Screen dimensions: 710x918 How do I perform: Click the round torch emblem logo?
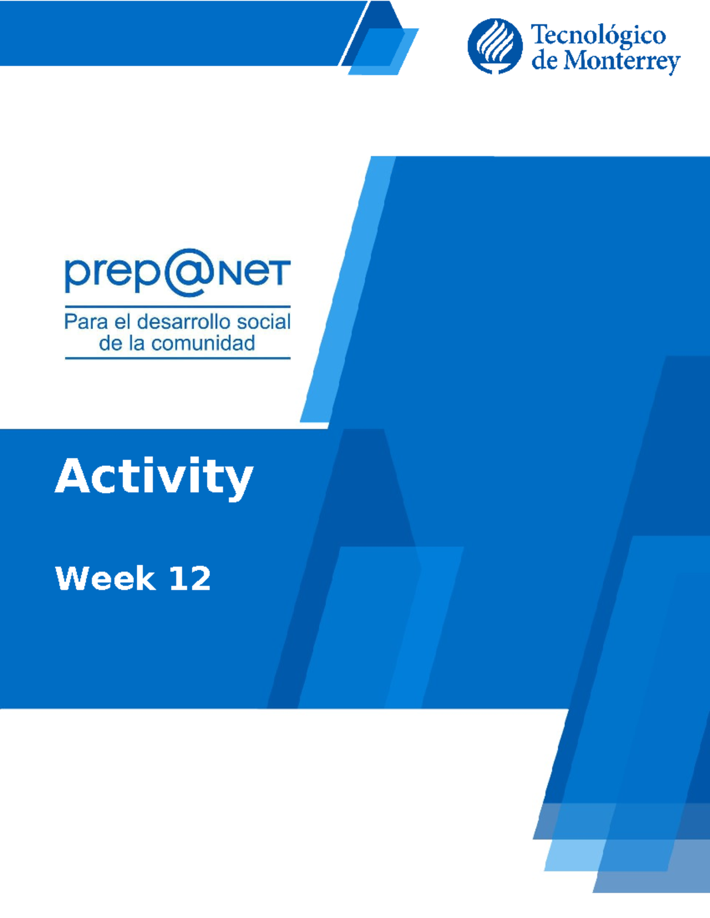point(495,46)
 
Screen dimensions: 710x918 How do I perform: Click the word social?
point(263,322)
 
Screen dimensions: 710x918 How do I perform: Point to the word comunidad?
point(203,343)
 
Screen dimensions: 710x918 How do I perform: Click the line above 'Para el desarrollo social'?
point(177,306)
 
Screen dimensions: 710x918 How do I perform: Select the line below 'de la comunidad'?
point(177,358)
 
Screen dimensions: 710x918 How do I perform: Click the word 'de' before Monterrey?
point(546,61)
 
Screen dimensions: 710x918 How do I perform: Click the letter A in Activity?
point(73,476)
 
